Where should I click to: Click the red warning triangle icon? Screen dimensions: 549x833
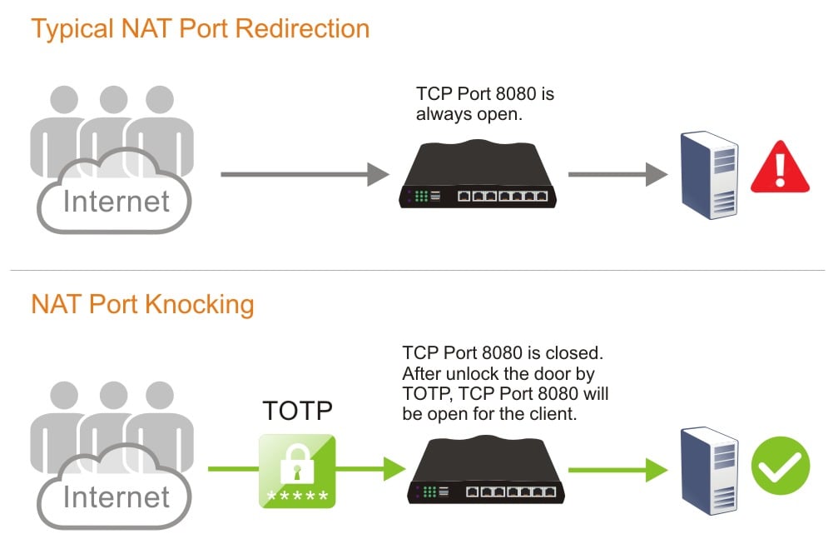click(x=780, y=169)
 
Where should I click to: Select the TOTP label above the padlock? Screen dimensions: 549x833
click(x=298, y=411)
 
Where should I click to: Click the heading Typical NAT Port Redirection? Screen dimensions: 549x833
click(x=200, y=28)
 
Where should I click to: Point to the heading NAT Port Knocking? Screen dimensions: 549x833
click(x=142, y=304)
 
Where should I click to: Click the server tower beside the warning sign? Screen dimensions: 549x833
click(x=708, y=175)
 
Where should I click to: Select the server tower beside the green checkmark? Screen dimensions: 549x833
click(x=708, y=471)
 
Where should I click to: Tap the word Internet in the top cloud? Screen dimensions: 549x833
click(x=117, y=201)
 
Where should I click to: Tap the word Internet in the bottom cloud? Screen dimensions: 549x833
click(x=117, y=497)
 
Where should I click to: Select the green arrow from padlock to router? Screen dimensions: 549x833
click(x=366, y=468)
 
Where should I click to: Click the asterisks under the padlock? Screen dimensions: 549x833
click(x=296, y=497)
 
